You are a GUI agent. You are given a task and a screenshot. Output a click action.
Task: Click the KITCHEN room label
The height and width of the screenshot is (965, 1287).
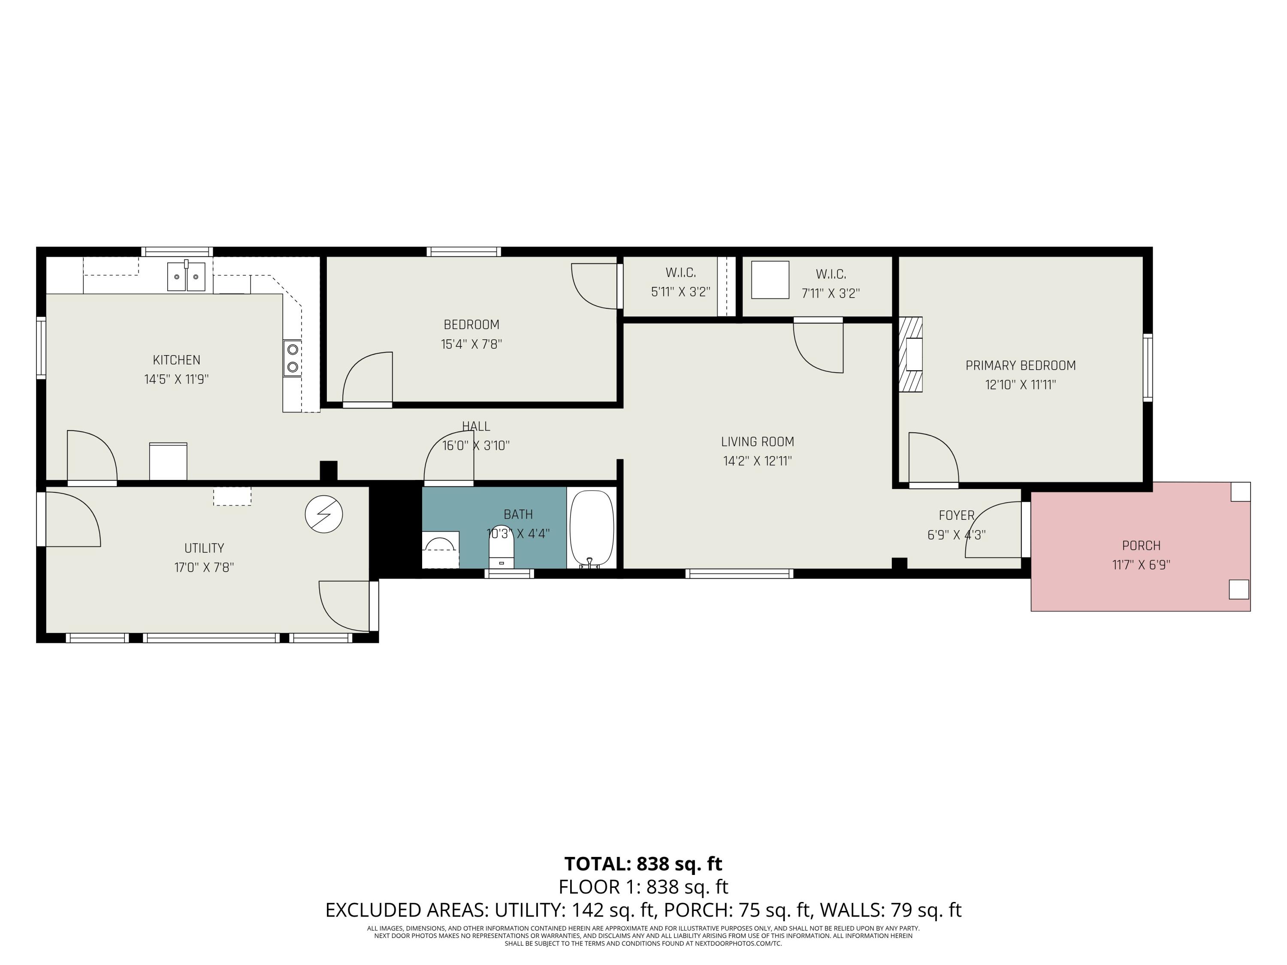(x=176, y=360)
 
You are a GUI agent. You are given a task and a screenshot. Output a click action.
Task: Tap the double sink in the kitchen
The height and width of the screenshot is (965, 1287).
(x=186, y=276)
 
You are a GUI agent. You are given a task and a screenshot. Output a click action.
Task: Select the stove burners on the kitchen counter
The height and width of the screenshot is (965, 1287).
(x=293, y=358)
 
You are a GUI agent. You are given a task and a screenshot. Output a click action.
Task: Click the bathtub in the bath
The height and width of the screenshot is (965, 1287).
(x=591, y=528)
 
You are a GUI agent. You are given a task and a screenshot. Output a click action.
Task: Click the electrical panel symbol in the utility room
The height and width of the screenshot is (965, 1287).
(x=324, y=514)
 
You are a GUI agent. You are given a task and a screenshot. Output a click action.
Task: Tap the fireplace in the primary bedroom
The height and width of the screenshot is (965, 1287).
(x=912, y=354)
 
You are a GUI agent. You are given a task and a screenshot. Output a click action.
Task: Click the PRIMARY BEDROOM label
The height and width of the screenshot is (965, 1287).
(x=1021, y=366)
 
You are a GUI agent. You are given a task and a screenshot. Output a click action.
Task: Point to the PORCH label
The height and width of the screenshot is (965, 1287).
(x=1141, y=546)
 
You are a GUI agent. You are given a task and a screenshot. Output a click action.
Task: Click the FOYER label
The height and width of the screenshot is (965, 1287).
(x=956, y=516)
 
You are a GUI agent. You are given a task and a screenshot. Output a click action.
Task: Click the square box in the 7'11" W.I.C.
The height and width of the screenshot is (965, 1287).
(x=770, y=280)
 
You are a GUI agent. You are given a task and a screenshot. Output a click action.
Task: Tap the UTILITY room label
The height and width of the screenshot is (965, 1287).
(x=204, y=548)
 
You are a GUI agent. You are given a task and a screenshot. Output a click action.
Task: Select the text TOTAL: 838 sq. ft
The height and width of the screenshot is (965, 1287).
(x=643, y=864)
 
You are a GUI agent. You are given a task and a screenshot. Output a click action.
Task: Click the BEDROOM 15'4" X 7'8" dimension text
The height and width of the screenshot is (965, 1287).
(x=471, y=344)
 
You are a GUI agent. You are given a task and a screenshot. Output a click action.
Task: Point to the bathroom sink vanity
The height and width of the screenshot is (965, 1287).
(x=441, y=549)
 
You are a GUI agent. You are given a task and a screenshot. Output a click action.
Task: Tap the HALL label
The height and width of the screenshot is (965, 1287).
(x=476, y=426)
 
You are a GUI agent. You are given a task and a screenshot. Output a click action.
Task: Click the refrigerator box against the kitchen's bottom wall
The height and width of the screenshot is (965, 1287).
(x=168, y=461)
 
